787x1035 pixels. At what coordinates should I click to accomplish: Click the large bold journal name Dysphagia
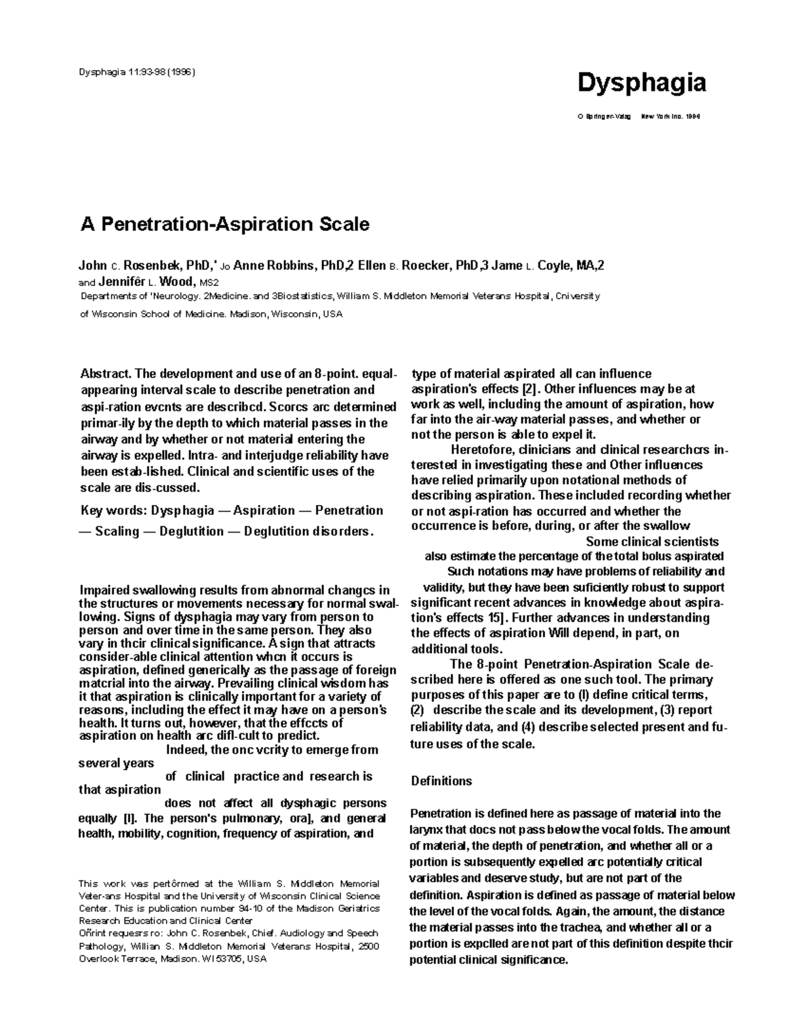(641, 83)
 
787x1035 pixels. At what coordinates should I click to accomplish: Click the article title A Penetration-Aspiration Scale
(224, 224)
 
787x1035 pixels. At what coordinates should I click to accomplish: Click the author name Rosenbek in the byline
(151, 266)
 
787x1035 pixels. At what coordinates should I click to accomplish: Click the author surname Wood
(178, 282)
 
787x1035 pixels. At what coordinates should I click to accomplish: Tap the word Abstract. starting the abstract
(106, 374)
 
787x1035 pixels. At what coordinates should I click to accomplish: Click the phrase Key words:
(113, 510)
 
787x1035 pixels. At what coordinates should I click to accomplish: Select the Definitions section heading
(441, 781)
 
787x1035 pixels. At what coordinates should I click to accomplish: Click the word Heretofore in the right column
(483, 450)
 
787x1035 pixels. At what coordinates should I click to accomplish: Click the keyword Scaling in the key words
(117, 531)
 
